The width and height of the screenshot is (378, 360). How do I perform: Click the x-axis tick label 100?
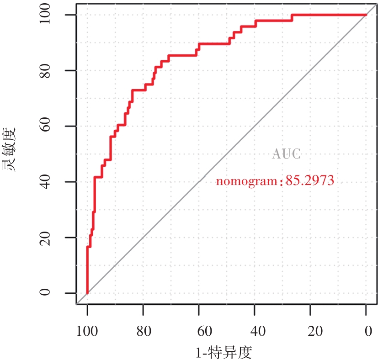pos(87,331)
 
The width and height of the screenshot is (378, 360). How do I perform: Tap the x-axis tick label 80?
pos(143,331)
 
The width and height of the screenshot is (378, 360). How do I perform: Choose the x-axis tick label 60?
pos(199,331)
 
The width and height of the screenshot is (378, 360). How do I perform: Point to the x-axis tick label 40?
pos(255,331)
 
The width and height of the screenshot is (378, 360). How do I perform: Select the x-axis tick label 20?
pos(310,331)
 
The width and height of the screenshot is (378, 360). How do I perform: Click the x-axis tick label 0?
pos(366,331)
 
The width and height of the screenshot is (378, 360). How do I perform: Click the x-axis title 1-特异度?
pos(224,352)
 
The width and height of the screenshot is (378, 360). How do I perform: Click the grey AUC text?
pos(287,154)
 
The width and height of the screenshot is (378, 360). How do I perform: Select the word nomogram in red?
pos(247,181)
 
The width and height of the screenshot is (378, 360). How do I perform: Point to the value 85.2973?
pos(310,181)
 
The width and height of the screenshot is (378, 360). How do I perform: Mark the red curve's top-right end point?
pos(366,15)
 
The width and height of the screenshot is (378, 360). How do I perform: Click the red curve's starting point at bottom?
pos(87,293)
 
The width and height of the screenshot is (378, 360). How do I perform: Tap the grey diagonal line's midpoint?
pos(227,154)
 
